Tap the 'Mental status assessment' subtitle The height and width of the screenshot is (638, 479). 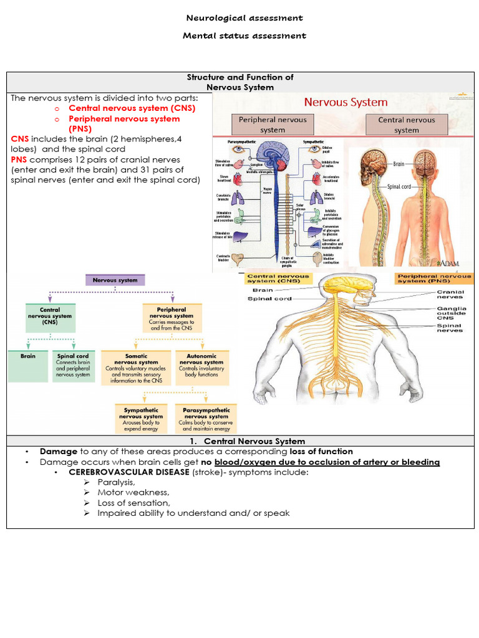[244, 36]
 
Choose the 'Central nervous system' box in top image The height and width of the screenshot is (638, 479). [406, 125]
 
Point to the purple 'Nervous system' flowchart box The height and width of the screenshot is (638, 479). [115, 280]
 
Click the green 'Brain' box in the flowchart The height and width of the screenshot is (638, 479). [27, 357]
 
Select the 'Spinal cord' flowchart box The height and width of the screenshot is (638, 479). [73, 366]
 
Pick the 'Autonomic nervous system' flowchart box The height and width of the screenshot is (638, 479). [201, 365]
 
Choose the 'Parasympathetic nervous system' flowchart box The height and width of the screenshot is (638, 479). [206, 419]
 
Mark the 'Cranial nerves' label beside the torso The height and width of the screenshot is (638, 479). [450, 294]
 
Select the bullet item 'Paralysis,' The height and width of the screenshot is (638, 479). [116, 482]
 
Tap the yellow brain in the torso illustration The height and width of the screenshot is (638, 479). [346, 285]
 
